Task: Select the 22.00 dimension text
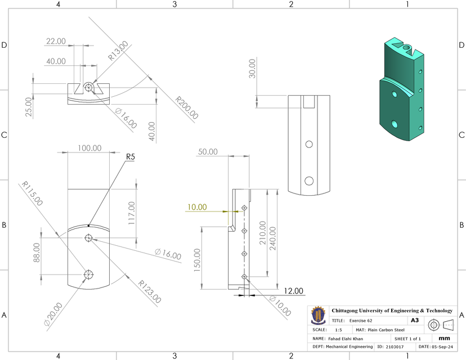pyautogui.click(x=56, y=41)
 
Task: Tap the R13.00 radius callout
pyautogui.click(x=118, y=50)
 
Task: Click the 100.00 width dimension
pyautogui.click(x=89, y=148)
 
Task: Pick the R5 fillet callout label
pyautogui.click(x=130, y=157)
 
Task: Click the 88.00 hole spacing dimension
pyautogui.click(x=37, y=253)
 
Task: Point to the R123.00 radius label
pyautogui.click(x=149, y=292)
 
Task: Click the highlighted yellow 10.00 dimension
pyautogui.click(x=197, y=207)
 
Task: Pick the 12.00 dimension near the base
pyautogui.click(x=293, y=291)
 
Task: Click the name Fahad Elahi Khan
pyautogui.click(x=346, y=339)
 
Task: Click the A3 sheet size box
pyautogui.click(x=415, y=320)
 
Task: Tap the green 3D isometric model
pyautogui.click(x=401, y=90)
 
